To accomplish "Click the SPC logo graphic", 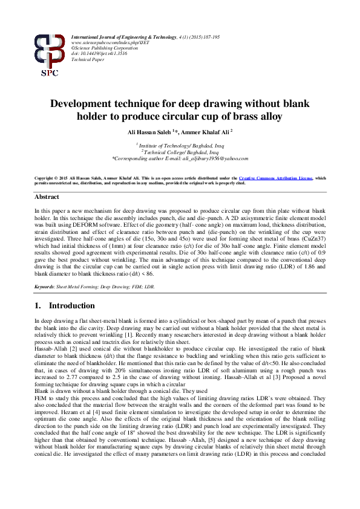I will coord(49,54).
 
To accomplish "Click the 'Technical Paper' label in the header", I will coord(87,60).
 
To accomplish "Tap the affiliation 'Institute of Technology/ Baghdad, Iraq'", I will coord(180,146).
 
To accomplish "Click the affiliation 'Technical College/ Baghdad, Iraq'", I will coord(180,152).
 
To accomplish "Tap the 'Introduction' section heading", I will coord(71,306).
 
